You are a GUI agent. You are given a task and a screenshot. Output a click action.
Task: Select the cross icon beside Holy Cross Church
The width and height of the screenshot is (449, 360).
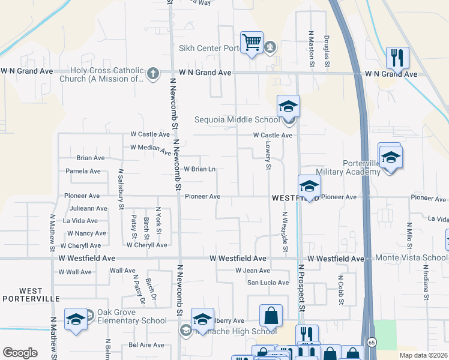click(153, 74)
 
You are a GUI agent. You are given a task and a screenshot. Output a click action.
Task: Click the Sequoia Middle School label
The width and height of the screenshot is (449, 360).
click(237, 119)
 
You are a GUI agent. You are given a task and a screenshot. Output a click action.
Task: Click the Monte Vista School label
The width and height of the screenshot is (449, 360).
click(411, 258)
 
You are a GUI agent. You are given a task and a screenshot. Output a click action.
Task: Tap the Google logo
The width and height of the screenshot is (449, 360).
click(20, 353)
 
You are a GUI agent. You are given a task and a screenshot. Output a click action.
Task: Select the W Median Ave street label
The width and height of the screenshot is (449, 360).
click(151, 149)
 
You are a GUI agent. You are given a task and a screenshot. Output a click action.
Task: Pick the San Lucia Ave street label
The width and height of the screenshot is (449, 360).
click(268, 283)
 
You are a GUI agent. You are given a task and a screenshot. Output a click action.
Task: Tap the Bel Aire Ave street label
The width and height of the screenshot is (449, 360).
click(146, 345)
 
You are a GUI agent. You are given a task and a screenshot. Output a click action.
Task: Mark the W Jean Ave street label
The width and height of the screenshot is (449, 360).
click(252, 271)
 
